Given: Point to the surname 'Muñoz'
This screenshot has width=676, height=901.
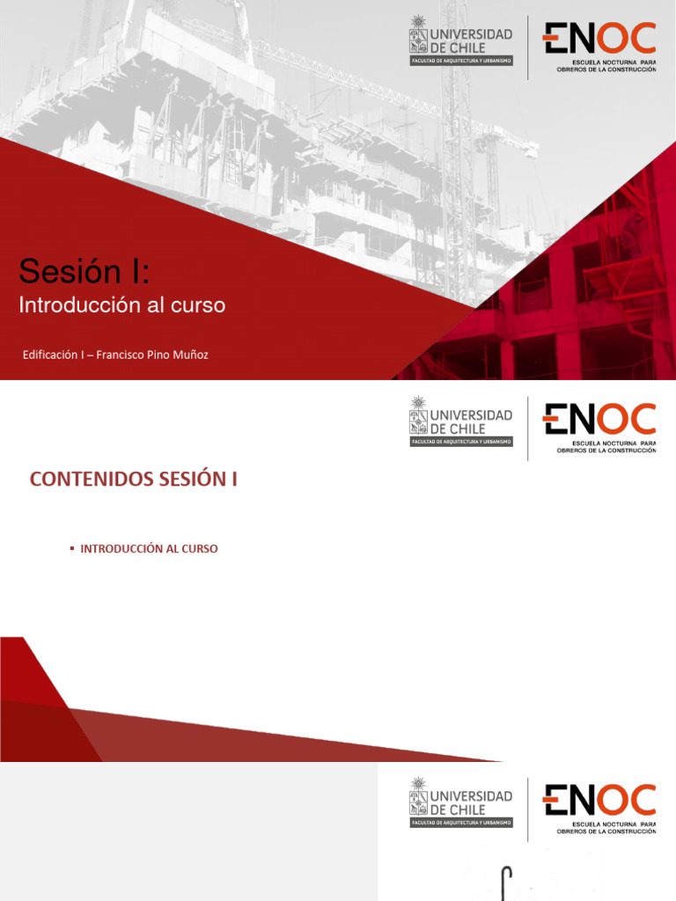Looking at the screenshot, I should click(x=188, y=355).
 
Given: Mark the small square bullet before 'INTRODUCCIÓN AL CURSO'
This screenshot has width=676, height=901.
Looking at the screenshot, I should click(x=72, y=549).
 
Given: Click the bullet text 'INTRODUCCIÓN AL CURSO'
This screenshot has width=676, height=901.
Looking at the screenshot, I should click(x=149, y=549).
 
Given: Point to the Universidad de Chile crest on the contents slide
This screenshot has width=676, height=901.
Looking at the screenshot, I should click(x=418, y=415).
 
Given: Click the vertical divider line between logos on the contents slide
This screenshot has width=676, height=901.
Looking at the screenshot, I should click(x=528, y=428).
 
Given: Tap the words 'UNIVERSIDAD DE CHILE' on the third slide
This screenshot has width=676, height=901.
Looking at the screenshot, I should click(x=471, y=802).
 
